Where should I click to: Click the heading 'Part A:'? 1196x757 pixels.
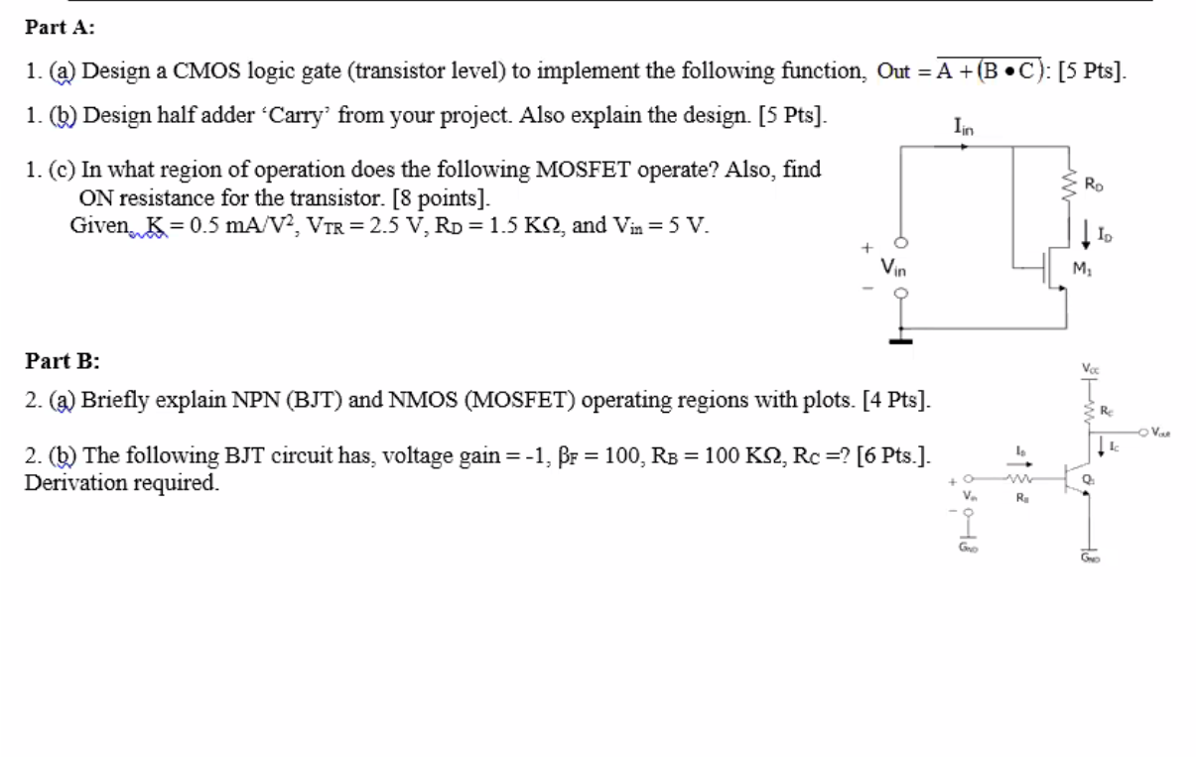tap(61, 28)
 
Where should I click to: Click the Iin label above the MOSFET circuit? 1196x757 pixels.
tap(964, 127)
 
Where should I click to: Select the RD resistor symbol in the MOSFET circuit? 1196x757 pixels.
tap(1068, 183)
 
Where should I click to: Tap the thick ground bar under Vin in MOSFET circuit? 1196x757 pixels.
tap(901, 342)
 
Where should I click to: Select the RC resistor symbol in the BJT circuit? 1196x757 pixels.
tap(1089, 411)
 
